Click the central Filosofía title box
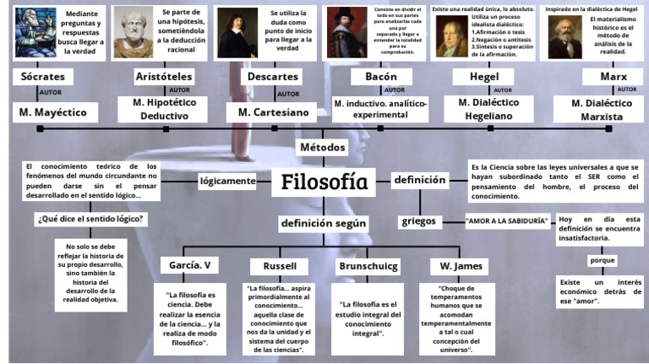[324, 181]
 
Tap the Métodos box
[323, 147]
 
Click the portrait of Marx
[564, 36]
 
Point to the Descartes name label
[272, 77]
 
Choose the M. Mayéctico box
[54, 111]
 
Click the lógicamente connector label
[227, 181]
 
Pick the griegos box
[419, 221]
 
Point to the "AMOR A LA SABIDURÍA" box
[506, 221]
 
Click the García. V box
[188, 265]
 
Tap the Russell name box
[280, 265]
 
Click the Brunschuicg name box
[367, 265]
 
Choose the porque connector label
[603, 261]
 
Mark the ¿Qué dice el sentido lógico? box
[89, 219]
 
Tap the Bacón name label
[380, 77]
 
